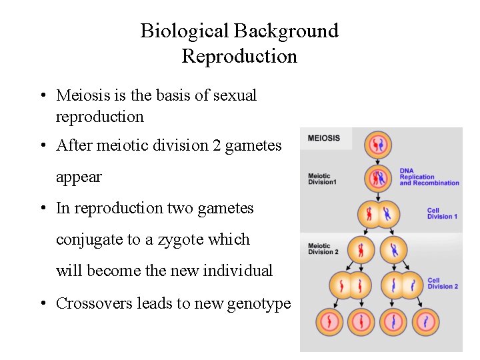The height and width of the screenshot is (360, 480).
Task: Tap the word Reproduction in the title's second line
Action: click(x=239, y=57)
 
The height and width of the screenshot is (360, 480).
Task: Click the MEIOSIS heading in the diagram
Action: click(x=323, y=139)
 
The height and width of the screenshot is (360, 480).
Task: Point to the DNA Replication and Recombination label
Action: click(x=429, y=177)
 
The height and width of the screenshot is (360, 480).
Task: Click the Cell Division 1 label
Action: click(x=442, y=213)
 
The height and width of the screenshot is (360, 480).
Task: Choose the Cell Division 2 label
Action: click(x=443, y=283)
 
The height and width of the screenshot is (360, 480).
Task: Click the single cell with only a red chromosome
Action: click(x=360, y=251)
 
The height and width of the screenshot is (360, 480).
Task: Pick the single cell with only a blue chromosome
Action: click(x=393, y=251)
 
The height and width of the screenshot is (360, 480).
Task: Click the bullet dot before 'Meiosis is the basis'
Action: click(x=42, y=96)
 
